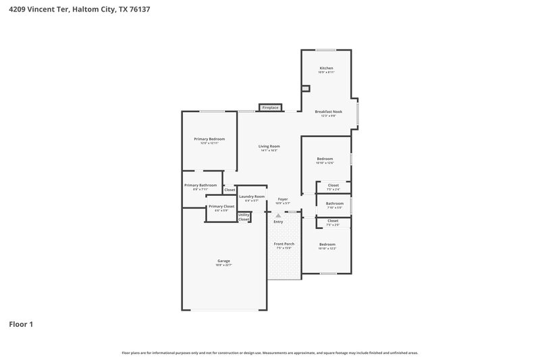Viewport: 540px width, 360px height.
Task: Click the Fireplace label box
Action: point(270,107)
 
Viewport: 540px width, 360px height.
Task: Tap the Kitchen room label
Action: point(326,69)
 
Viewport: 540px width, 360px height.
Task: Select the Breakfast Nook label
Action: point(329,111)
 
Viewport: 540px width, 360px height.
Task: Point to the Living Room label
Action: point(269,147)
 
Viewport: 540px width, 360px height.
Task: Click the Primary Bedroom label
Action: point(209,139)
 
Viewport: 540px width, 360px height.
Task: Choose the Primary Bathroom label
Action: point(200,185)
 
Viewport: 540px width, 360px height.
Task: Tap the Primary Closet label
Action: point(221,207)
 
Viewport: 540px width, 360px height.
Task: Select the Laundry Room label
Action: point(251,197)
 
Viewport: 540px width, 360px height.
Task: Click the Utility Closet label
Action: point(244,217)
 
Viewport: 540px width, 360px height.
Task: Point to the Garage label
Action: point(223,261)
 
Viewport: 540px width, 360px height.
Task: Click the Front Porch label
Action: point(283,244)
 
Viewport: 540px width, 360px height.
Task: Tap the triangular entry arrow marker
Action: point(277,215)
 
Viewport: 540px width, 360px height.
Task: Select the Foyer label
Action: point(283,199)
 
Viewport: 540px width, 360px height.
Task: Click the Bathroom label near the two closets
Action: point(335,203)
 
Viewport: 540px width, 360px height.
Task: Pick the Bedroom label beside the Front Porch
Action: point(327,245)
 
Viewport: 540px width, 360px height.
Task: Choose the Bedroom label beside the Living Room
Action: point(325,159)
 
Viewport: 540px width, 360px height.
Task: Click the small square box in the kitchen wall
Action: point(305,88)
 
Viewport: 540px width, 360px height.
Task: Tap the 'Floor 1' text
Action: point(21,324)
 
